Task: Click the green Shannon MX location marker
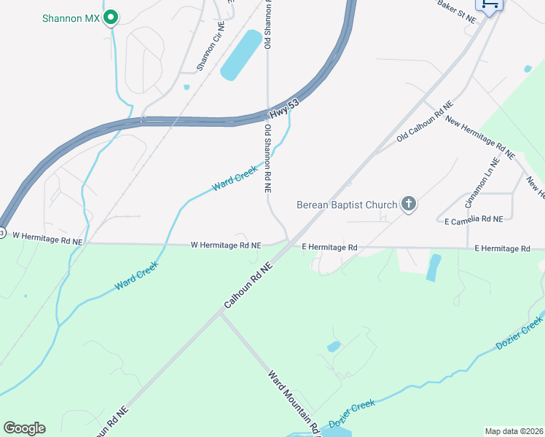[111, 16]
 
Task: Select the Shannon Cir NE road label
[210, 47]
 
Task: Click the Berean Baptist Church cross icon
[409, 205]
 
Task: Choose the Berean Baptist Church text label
[347, 205]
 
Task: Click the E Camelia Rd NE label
[474, 219]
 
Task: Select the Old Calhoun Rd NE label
[425, 122]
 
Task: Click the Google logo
[24, 428]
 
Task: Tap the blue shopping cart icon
[490, 4]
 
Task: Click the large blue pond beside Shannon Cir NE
[241, 55]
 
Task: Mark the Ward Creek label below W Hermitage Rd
[136, 277]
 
